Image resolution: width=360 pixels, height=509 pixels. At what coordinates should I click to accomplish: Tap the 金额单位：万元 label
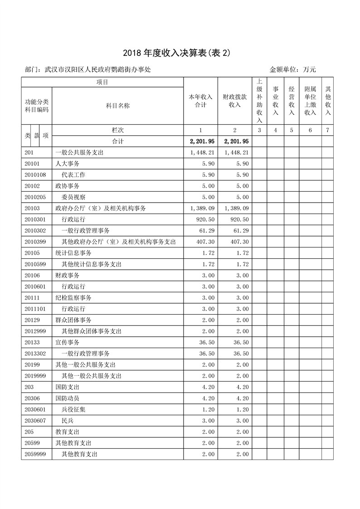pos(292,70)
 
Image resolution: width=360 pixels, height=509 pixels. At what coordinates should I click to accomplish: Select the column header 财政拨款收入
pos(235,101)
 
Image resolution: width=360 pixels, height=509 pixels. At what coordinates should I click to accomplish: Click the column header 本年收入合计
pos(200,101)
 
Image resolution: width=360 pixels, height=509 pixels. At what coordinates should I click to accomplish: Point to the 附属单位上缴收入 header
pos(310,101)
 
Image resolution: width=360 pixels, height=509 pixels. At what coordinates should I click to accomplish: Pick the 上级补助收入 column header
pos(259,101)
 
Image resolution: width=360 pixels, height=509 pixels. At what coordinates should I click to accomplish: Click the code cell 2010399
pos(36,242)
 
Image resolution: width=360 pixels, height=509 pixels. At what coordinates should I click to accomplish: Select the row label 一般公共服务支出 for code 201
pos(79,153)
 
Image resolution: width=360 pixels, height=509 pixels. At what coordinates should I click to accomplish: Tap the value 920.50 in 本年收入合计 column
pos(205,219)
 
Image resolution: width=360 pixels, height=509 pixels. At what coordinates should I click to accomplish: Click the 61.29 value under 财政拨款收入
pos(240,231)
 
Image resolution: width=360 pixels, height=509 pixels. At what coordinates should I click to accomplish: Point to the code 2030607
pos(36,421)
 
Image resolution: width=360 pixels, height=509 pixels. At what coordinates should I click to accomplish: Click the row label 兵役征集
pos(73,410)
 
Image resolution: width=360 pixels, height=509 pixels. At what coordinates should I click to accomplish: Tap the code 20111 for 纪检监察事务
pos(33,298)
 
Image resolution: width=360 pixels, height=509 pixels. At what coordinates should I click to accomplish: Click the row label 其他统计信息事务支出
pos(92,264)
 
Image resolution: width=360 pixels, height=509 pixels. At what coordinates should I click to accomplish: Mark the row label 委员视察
pos(73,197)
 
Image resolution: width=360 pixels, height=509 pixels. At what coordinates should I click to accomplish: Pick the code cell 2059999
pos(36,454)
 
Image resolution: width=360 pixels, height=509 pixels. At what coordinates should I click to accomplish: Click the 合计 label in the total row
pos(118,141)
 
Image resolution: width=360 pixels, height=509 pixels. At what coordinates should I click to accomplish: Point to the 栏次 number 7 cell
pos(328,130)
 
